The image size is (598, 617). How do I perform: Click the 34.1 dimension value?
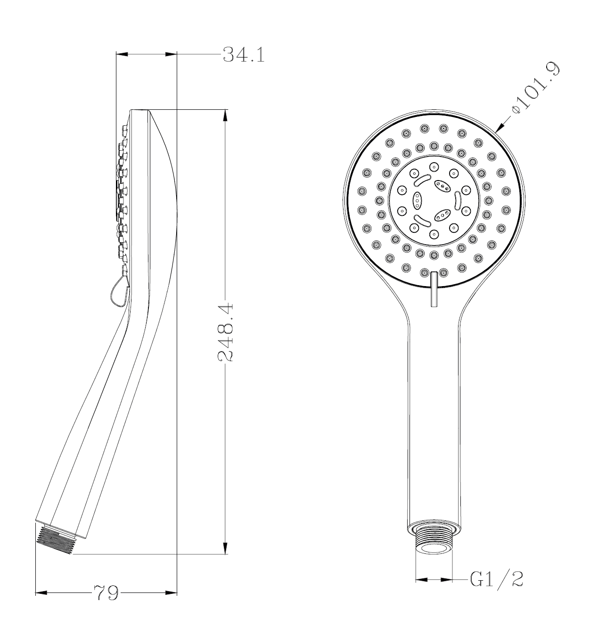tap(243, 55)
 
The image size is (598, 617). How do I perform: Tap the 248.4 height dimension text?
tap(226, 332)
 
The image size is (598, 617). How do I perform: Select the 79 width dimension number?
tap(106, 592)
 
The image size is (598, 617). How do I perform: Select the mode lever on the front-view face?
tap(434, 288)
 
